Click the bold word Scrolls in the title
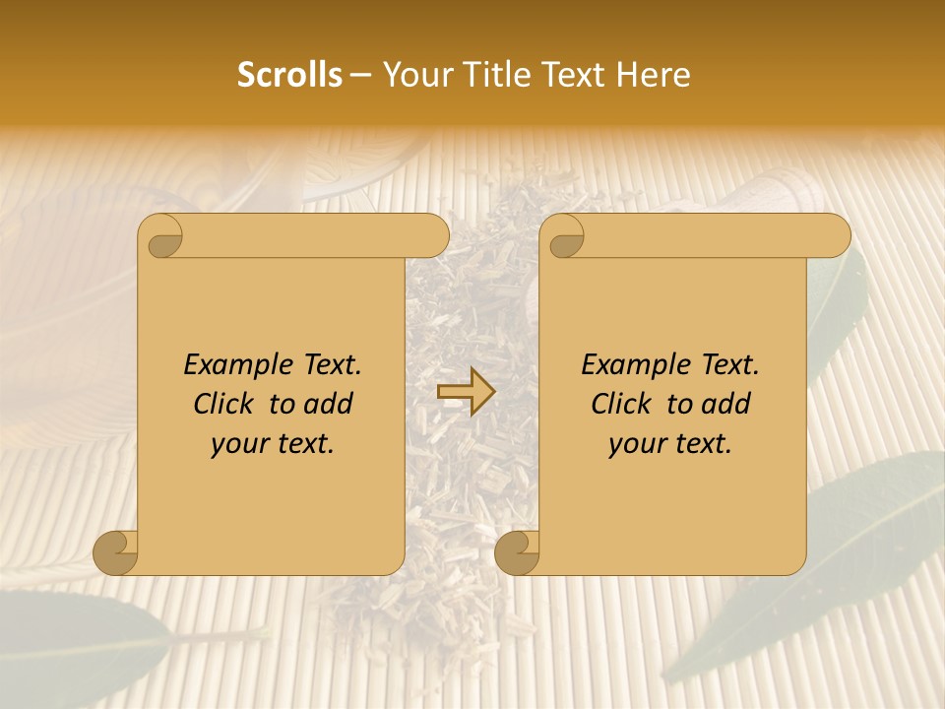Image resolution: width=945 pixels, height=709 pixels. [x=290, y=74]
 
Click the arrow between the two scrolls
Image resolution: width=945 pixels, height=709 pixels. [x=466, y=392]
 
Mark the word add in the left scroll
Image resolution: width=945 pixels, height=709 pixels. [x=330, y=404]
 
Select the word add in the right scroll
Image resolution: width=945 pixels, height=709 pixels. [x=727, y=404]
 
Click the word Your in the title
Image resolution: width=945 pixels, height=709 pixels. [x=411, y=74]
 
